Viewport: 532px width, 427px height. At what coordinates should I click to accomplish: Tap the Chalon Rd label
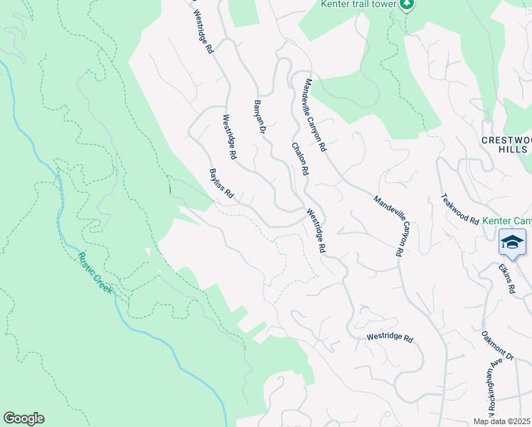point(299,159)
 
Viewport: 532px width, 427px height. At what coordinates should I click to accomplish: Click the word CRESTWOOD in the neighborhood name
point(505,140)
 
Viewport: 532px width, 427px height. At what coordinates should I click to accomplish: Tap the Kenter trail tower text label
point(358,5)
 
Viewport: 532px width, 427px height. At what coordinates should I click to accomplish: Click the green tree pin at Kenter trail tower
point(407,5)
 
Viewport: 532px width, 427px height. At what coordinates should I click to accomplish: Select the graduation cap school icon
point(512,242)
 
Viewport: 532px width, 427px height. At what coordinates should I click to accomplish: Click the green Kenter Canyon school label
point(506,221)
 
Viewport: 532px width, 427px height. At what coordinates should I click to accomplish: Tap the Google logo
point(23,418)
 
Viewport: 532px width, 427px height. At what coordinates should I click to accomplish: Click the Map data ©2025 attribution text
point(502,422)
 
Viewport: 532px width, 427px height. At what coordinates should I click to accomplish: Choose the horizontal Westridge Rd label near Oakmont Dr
point(390,339)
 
